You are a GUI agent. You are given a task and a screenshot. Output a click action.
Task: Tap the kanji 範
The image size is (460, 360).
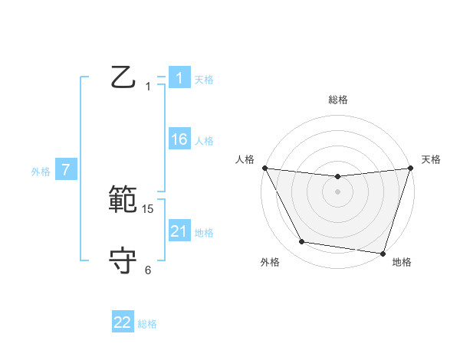tap(123, 201)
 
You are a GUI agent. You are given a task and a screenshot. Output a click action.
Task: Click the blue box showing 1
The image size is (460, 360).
tap(179, 78)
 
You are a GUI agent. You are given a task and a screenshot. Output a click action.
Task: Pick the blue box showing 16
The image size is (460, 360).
tap(179, 139)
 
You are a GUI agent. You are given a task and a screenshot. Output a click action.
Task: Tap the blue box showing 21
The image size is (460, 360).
tap(179, 231)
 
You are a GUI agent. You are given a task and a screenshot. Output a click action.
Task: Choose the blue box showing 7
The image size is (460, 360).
tap(66, 171)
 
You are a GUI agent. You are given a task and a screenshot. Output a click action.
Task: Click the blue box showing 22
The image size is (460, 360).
tap(123, 322)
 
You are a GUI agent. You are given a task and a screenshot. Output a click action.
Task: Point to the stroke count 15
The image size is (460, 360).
tap(149, 209)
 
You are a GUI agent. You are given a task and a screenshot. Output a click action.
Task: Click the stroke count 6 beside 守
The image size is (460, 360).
tap(148, 270)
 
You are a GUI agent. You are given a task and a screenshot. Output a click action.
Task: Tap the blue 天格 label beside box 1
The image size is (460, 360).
tap(204, 80)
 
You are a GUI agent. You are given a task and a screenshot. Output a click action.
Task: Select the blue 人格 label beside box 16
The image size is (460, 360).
tap(204, 141)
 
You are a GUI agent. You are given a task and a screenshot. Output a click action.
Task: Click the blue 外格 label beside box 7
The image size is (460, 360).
tap(41, 172)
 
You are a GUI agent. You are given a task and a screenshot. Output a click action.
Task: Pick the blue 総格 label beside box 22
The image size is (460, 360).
tap(147, 324)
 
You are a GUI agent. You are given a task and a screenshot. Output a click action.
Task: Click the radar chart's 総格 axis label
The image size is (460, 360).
tap(337, 100)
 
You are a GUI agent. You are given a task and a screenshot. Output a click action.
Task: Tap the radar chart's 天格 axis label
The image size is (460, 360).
tap(432, 159)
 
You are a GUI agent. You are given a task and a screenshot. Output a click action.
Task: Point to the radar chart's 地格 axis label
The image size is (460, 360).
tap(402, 262)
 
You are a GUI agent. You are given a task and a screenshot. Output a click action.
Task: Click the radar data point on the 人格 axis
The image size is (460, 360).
tap(264, 168)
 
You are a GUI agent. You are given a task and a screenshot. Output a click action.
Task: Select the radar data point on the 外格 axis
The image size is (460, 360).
tap(302, 242)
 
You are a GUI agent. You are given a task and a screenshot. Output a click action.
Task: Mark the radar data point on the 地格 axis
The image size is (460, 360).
tap(382, 253)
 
